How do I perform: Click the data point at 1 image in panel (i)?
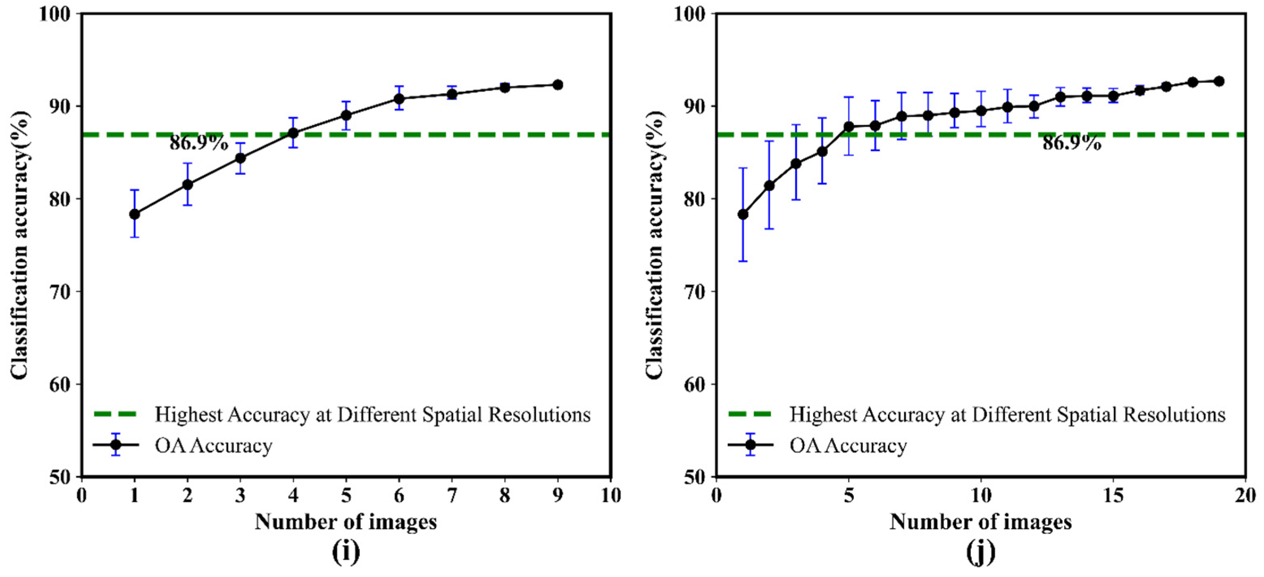pos(134,214)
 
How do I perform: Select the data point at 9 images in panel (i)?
pos(557,85)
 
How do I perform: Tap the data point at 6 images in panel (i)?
pos(399,99)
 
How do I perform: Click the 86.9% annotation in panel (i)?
pos(199,144)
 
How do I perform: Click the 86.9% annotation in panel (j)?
pos(1071,144)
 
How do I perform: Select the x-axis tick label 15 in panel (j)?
pos(1113,496)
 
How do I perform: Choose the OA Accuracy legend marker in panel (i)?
pos(116,445)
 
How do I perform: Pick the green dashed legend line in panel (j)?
pos(750,414)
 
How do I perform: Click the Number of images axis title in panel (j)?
pos(980,522)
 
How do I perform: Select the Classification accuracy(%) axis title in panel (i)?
pos(19,244)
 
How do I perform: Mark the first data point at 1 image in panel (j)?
pos(743,215)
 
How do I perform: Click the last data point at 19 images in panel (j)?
pos(1219,81)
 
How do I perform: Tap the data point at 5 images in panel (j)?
pos(848,127)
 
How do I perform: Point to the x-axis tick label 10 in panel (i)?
pos(610,496)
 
